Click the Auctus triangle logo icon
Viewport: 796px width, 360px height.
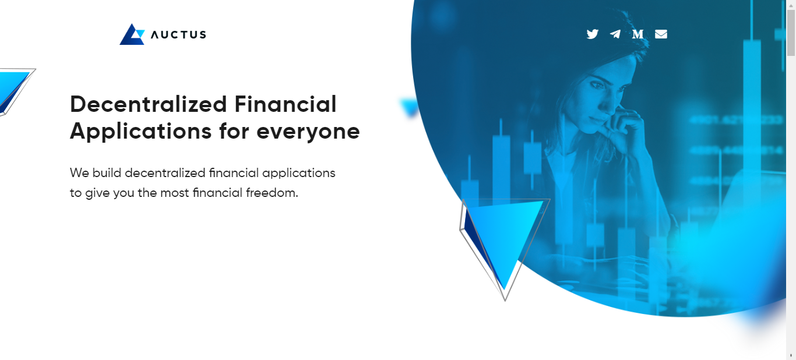pos(132,34)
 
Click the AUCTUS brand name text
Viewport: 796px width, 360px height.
pos(178,34)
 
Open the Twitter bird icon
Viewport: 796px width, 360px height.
pos(593,34)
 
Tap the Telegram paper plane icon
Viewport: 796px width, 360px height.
pos(615,34)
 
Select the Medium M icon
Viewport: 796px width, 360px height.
pos(638,34)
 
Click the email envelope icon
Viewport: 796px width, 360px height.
pos(661,34)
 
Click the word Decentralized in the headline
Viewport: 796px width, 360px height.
pos(148,104)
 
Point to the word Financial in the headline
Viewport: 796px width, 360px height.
pos(286,104)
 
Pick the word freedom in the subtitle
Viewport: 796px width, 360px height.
pos(273,192)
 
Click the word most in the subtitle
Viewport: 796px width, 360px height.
pos(174,192)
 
